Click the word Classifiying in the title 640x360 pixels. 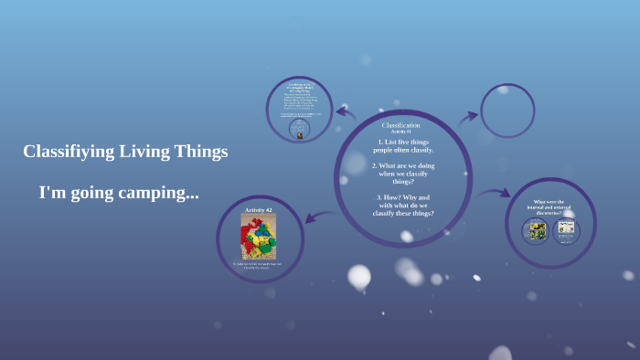69,152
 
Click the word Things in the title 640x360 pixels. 204,152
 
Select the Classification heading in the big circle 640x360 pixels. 401,124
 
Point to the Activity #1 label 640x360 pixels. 401,132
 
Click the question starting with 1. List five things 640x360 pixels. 403,145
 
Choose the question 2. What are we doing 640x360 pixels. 403,174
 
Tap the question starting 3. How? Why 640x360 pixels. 403,205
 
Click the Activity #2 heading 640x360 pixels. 258,210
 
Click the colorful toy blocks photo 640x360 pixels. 258,237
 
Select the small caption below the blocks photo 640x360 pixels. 258,266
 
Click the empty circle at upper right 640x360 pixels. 507,111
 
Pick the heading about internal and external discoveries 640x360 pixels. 549,206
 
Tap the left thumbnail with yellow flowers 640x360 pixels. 537,230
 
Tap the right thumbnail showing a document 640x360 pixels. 566,230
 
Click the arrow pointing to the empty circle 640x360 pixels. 467,117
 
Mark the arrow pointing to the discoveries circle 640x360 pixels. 495,193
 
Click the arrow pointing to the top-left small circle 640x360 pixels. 346,113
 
